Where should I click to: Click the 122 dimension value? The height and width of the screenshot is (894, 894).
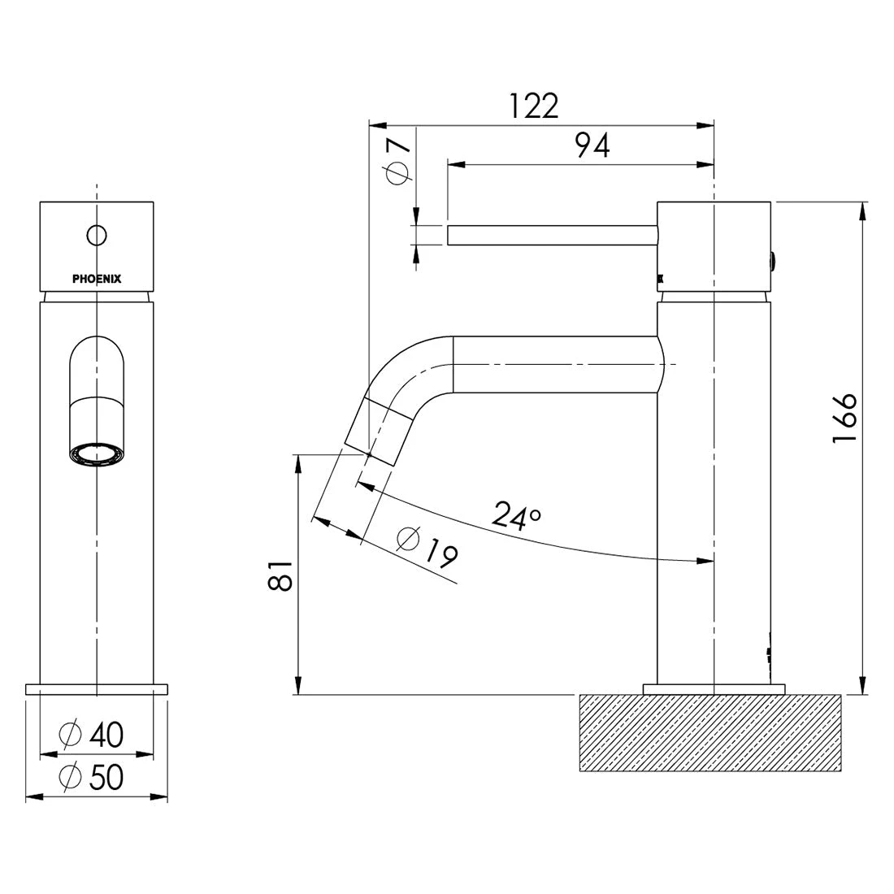[x=533, y=106]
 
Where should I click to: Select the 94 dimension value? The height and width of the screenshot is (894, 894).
[x=592, y=145]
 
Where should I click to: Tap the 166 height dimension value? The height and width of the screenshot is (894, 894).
[x=844, y=418]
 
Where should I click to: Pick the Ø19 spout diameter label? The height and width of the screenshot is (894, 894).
[x=427, y=546]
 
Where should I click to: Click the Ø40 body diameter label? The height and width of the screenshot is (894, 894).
[x=91, y=735]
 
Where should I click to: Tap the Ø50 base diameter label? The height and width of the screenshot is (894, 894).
[x=91, y=776]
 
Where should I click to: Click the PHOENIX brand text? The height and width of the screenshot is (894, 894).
[x=97, y=279]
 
